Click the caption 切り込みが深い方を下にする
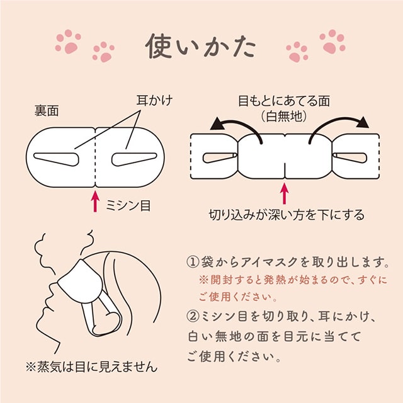coord(287,215)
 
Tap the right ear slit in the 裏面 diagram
coord(133,157)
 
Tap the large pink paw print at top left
coord(68,40)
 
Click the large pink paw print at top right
coord(332,40)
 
